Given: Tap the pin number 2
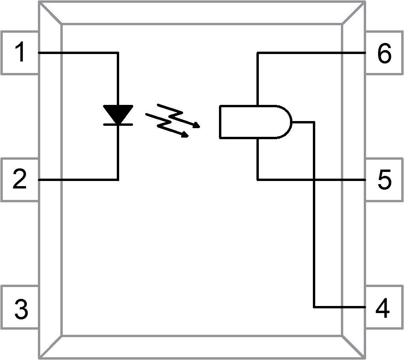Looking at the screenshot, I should point(20,180).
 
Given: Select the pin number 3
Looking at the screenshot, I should point(21,309).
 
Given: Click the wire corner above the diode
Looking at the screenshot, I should point(118,52).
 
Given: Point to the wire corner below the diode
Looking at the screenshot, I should point(118,180).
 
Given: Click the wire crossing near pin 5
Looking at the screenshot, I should point(314,180).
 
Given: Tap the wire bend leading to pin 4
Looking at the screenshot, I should point(314,307).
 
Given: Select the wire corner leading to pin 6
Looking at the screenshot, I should point(258,52).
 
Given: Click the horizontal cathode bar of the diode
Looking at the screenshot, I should point(118,124).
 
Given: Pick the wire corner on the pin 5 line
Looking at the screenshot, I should point(258,180).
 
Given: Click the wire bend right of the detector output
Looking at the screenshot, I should point(314,122).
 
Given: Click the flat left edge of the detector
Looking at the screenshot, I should point(220,122).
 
